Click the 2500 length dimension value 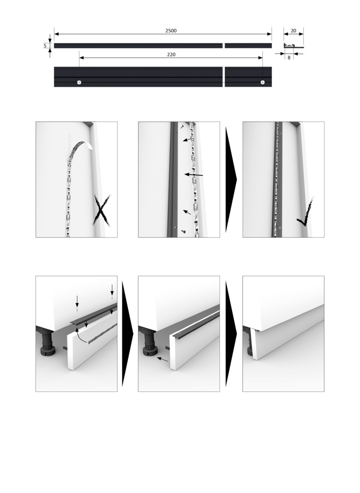[x=171, y=31]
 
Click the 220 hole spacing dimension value [x=171, y=54]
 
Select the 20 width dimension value [x=293, y=31]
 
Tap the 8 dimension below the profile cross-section [x=289, y=58]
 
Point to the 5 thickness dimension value [x=45, y=46]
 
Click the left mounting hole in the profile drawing [x=79, y=82]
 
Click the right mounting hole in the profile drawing [x=263, y=82]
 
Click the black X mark [x=102, y=210]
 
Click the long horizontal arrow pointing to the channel [x=193, y=174]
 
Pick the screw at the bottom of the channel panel [x=183, y=231]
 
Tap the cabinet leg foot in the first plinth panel [x=48, y=350]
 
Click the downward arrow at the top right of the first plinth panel [x=112, y=290]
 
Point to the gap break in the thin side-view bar [x=224, y=46]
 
